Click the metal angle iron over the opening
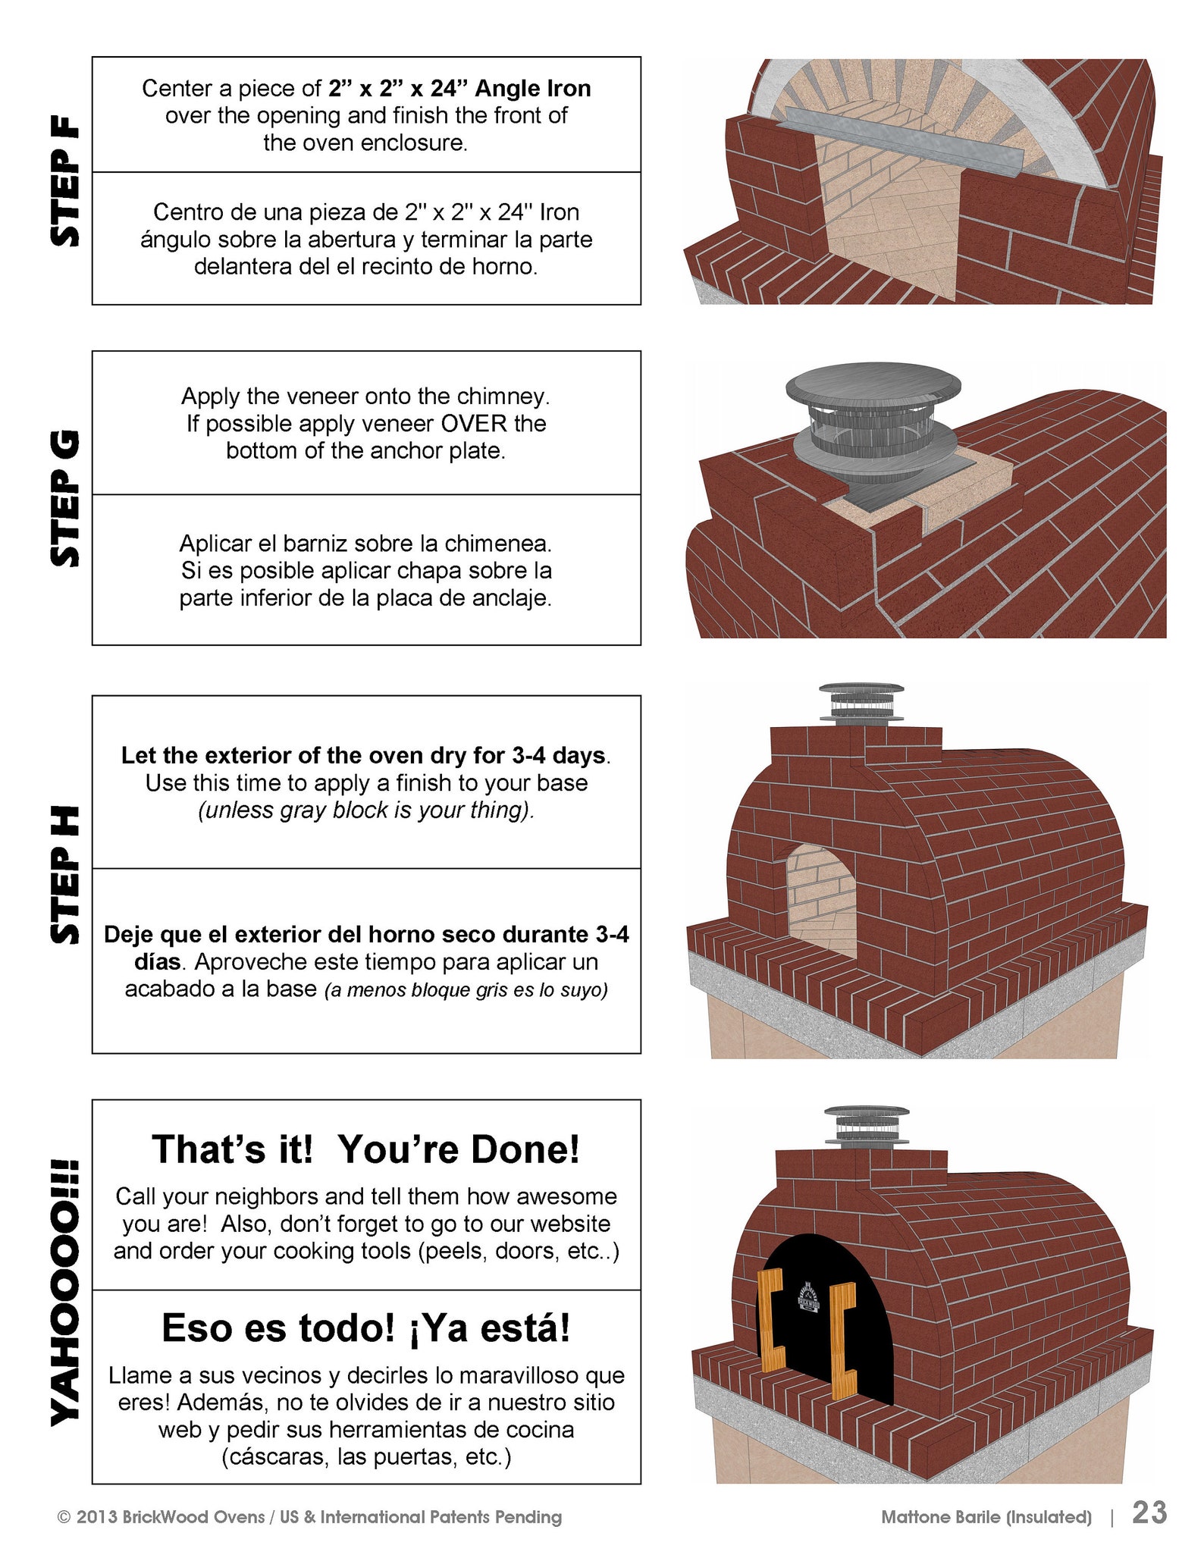[902, 139]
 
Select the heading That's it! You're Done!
[366, 1149]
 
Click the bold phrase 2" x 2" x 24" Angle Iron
[459, 89]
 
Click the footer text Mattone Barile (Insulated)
[986, 1517]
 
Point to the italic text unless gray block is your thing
[366, 810]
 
